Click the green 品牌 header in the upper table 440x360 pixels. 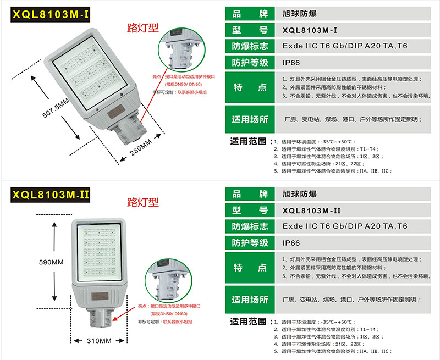point(250,14)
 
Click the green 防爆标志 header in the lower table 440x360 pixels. point(250,226)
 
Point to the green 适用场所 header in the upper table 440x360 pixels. point(250,119)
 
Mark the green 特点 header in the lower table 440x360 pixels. point(250,268)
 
